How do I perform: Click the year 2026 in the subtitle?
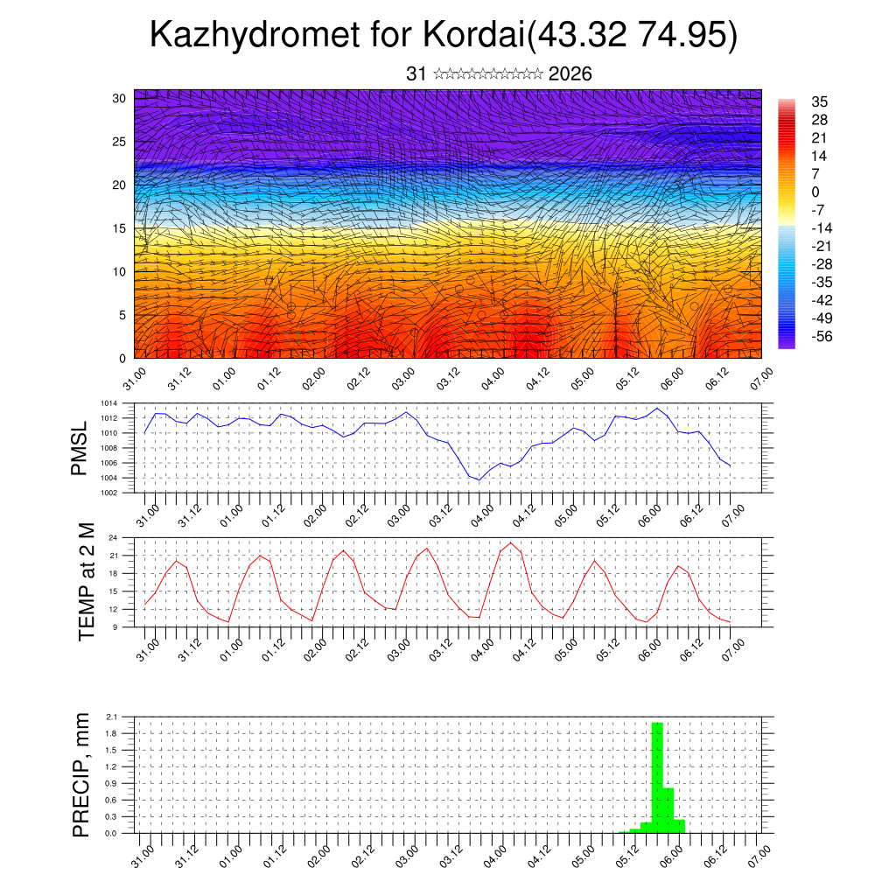(x=570, y=74)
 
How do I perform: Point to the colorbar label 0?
(x=815, y=192)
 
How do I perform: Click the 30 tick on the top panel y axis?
(x=119, y=98)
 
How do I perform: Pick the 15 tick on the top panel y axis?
(x=119, y=228)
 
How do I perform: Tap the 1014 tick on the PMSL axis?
(x=108, y=403)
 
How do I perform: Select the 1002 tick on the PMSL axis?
(x=108, y=492)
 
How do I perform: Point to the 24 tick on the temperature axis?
(x=114, y=537)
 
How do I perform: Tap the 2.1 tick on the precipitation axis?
(x=112, y=717)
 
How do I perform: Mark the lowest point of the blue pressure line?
(x=479, y=479)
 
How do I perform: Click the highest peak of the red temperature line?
(x=510, y=543)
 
